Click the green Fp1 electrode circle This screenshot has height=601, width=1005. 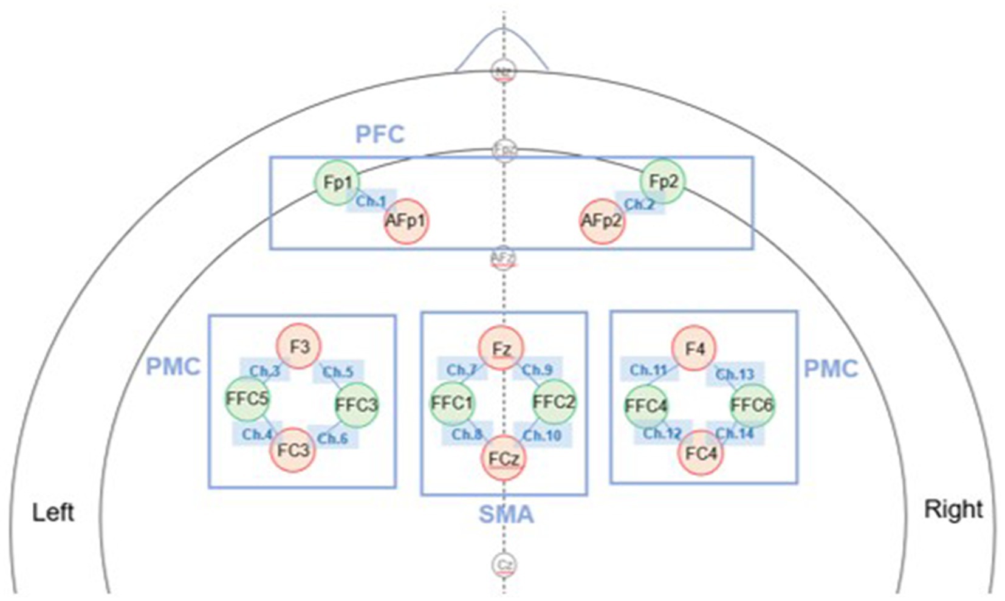pyautogui.click(x=337, y=182)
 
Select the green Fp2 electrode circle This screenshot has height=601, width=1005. pyautogui.click(x=663, y=181)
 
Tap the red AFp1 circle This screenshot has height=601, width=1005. pyautogui.click(x=406, y=221)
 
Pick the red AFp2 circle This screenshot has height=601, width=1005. pyautogui.click(x=602, y=221)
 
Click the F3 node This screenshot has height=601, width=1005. pyautogui.click(x=299, y=346)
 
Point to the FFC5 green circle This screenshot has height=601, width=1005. pyautogui.click(x=247, y=399)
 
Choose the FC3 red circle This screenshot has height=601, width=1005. pyautogui.click(x=293, y=450)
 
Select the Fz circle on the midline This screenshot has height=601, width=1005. pyautogui.click(x=501, y=349)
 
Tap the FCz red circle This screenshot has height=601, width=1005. pyautogui.click(x=504, y=458)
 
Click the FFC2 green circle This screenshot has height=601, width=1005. pyautogui.click(x=554, y=402)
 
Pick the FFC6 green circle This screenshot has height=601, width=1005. pyautogui.click(x=752, y=405)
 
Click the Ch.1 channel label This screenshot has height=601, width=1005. pyautogui.click(x=371, y=201)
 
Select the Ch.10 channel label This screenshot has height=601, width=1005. pyautogui.click(x=542, y=435)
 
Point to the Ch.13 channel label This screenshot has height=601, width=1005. pyautogui.click(x=735, y=374)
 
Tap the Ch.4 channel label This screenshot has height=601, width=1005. pyautogui.click(x=257, y=434)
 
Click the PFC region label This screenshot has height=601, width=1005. pyautogui.click(x=380, y=134)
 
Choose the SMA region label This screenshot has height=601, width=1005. pyautogui.click(x=506, y=514)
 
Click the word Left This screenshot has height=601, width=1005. pyautogui.click(x=53, y=512)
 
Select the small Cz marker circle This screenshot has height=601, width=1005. pyautogui.click(x=504, y=565)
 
